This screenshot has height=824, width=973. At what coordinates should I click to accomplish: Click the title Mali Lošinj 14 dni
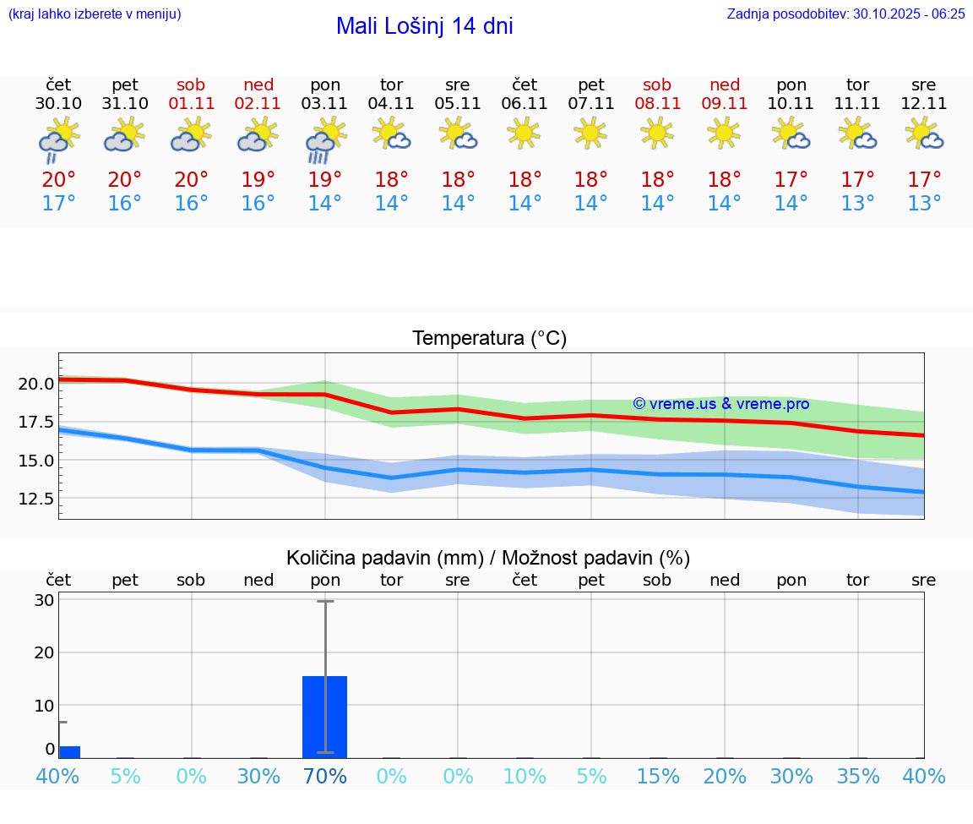pyautogui.click(x=424, y=26)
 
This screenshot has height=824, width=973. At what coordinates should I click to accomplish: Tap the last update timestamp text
pyautogui.click(x=845, y=14)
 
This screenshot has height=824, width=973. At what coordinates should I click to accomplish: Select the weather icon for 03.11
pyautogui.click(x=325, y=139)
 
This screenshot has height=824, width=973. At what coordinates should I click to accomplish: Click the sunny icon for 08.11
pyautogui.click(x=657, y=133)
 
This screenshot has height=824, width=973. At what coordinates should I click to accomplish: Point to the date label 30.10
pyautogui.click(x=58, y=104)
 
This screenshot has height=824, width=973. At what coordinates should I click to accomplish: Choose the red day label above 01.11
pyautogui.click(x=191, y=85)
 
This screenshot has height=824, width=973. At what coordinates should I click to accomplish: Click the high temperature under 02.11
pyautogui.click(x=258, y=180)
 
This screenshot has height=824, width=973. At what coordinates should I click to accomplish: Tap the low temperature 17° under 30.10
pyautogui.click(x=58, y=204)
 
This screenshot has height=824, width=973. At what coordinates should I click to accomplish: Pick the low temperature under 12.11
pyautogui.click(x=924, y=204)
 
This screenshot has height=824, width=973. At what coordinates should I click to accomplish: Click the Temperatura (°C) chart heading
pyautogui.click(x=489, y=339)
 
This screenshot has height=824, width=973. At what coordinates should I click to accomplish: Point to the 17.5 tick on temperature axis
pyautogui.click(x=36, y=422)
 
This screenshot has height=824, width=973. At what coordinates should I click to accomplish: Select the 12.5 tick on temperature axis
pyautogui.click(x=36, y=499)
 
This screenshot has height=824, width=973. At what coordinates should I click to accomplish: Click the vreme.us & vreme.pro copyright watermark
pyautogui.click(x=720, y=404)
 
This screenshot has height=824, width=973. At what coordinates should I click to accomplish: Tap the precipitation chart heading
pyautogui.click(x=488, y=558)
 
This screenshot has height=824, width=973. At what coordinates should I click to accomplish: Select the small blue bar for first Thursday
pyautogui.click(x=69, y=752)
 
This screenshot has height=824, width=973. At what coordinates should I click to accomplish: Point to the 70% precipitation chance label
pyautogui.click(x=325, y=776)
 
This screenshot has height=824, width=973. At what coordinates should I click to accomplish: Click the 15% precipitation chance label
pyautogui.click(x=657, y=776)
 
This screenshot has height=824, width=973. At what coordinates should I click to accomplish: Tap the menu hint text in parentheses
pyautogui.click(x=94, y=14)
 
